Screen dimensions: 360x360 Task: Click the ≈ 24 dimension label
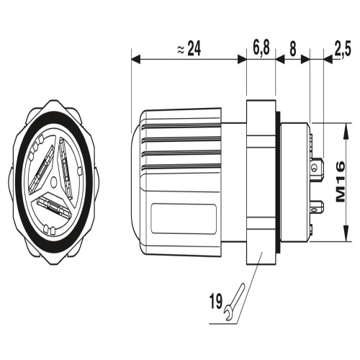tap(189, 48)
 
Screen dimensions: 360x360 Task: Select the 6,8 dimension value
tap(261, 48)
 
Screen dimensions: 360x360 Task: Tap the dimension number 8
tap(293, 49)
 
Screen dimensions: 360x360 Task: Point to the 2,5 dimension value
tap(343, 49)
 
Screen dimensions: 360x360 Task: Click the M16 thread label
tap(341, 182)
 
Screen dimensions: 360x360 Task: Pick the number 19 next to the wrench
tap(216, 302)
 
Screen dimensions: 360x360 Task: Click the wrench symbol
tap(235, 302)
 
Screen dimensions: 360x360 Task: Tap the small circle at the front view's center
tap(54, 181)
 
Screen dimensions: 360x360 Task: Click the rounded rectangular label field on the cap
tap(184, 219)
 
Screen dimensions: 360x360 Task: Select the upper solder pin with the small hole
tap(318, 167)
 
